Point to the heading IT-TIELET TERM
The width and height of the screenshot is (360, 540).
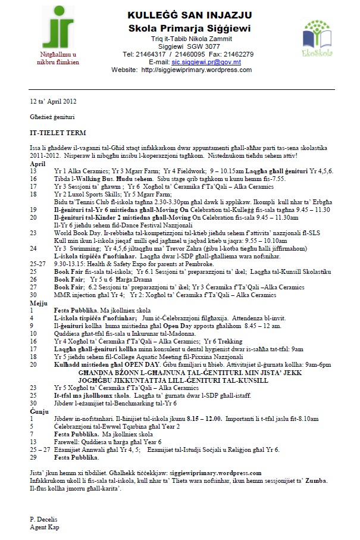click(x=58, y=131)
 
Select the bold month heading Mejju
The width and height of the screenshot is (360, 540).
click(x=37, y=303)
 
